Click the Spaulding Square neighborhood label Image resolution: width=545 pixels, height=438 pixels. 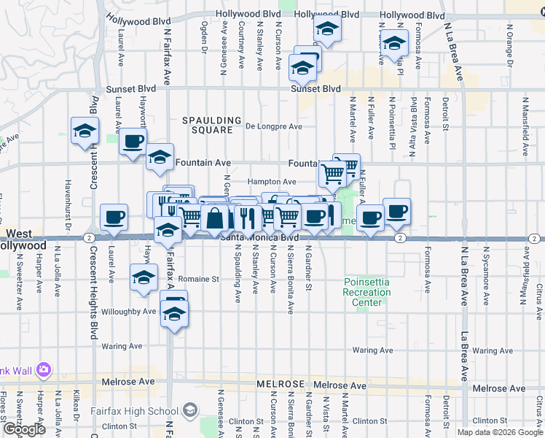coord(211,126)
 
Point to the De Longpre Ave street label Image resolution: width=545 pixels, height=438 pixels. coord(273,126)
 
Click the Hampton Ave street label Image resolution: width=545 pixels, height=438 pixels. coord(271,182)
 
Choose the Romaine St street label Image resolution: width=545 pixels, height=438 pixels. coord(200,279)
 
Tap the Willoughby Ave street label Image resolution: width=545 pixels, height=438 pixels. coord(138,311)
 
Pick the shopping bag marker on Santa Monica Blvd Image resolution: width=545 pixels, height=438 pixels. coord(216,218)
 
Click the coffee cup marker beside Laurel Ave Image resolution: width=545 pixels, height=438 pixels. coord(114,216)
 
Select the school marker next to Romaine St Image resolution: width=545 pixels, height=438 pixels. coord(144,277)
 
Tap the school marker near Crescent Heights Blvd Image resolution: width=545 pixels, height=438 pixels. coord(85,131)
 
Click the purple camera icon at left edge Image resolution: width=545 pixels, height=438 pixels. coord(43,369)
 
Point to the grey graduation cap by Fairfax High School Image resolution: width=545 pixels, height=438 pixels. coord(190,411)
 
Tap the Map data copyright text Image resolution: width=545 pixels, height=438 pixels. coord(501,432)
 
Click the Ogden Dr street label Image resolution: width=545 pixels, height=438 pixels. coord(203,37)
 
